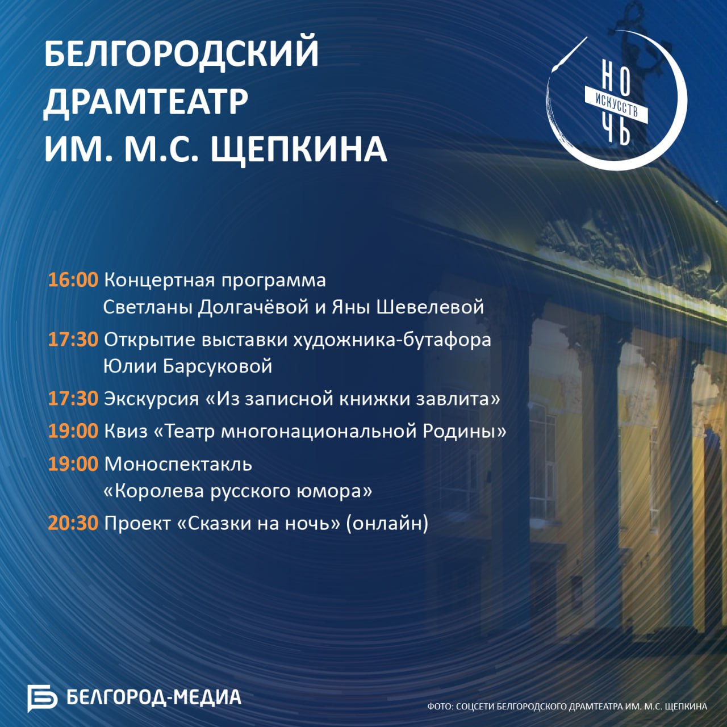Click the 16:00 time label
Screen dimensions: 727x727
coord(73,280)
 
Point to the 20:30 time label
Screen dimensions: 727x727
coord(73,523)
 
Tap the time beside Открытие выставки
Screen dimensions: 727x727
coord(73,340)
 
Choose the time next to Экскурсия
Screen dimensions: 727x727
coord(73,399)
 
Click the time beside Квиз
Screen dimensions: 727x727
coord(73,431)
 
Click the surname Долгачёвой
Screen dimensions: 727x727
coord(254,307)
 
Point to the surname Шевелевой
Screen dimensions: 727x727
coord(430,307)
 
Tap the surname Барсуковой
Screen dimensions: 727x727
coord(218,366)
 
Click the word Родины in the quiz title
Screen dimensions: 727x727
coord(465,431)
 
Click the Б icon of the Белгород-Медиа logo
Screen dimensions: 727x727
coord(42,698)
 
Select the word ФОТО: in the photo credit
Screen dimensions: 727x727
coord(440,706)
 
